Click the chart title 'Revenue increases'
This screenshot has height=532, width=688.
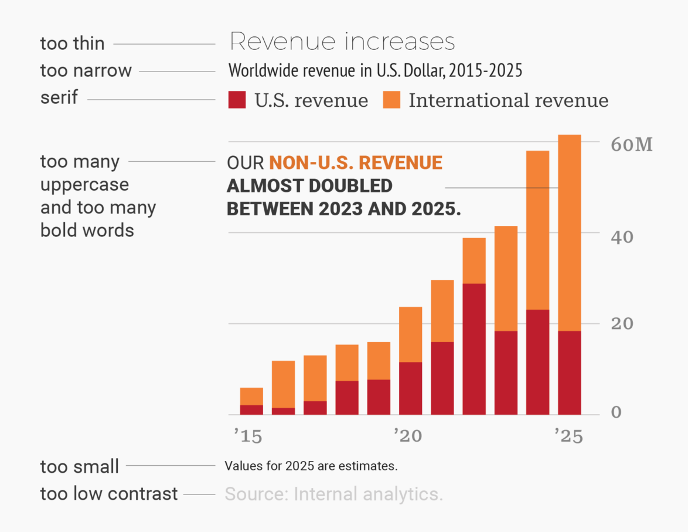[342, 42]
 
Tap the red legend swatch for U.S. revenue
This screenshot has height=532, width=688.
[237, 100]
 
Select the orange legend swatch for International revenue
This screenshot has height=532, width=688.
[391, 100]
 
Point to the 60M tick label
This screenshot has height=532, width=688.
[632, 144]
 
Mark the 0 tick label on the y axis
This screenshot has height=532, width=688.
[616, 412]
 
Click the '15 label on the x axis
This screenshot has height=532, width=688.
[247, 436]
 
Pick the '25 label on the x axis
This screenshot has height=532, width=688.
[568, 436]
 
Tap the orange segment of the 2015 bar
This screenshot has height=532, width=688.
[251, 396]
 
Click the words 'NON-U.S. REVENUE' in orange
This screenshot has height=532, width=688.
[356, 162]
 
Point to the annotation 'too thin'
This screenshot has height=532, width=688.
[72, 43]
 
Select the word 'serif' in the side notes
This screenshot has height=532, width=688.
[59, 97]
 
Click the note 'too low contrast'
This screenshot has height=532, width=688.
[108, 494]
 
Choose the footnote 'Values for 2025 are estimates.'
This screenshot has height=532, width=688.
[311, 466]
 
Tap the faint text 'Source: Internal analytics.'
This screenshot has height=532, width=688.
[333, 494]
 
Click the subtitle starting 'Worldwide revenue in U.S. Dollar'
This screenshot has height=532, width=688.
[375, 71]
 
